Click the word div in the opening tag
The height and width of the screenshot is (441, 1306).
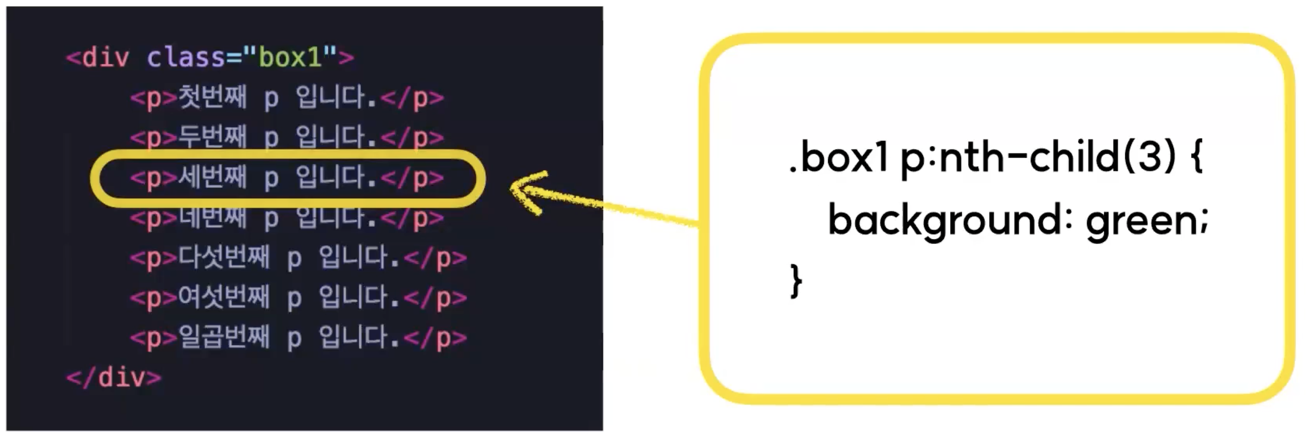105,57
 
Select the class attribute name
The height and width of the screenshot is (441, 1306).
185,57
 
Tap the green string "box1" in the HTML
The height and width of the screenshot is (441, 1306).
290,57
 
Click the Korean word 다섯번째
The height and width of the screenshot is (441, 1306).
224,257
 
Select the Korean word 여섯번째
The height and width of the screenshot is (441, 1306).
224,297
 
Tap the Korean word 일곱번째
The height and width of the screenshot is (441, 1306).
224,338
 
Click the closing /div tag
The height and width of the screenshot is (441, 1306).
114,377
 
